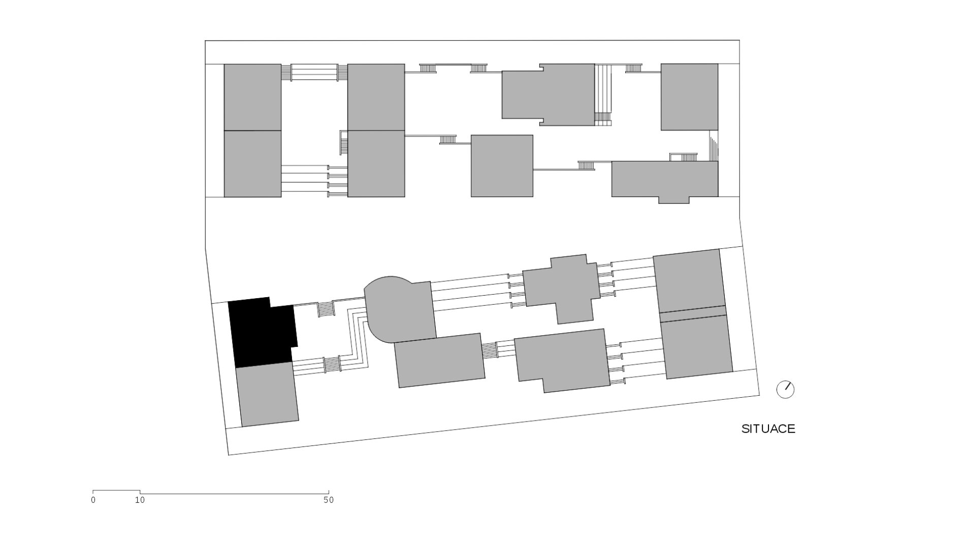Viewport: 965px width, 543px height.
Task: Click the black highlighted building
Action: coord(262,333)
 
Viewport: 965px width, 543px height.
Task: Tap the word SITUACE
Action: coord(768,429)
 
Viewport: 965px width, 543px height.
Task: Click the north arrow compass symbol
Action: coord(785,390)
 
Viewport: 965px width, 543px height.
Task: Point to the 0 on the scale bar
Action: coord(93,500)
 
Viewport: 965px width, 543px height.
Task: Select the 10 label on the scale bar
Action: coord(140,500)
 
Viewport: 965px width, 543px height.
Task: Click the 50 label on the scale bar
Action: coord(329,500)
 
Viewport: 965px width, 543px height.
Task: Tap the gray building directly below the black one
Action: coord(267,394)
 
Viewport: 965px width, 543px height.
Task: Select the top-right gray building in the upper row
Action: coord(689,97)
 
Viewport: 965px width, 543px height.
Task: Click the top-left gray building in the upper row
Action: coord(252,97)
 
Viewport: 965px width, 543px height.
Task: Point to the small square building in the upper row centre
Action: coord(502,166)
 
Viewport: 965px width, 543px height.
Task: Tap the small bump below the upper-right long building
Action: coord(674,200)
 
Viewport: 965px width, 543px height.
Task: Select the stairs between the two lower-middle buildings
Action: coord(489,350)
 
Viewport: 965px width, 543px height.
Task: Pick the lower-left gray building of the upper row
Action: coord(252,164)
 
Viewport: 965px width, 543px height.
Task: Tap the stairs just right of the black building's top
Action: coord(326,309)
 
